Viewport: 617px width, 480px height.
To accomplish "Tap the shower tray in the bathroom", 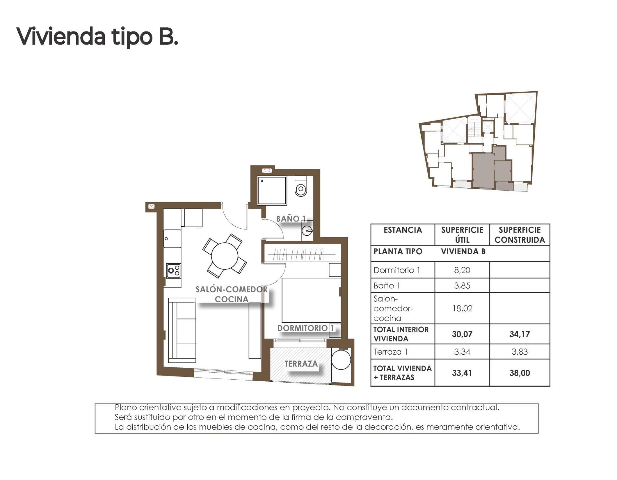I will [x=272, y=190].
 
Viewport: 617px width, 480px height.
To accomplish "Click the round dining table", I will [x=224, y=256].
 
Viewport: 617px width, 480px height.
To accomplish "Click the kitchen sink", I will [x=172, y=239].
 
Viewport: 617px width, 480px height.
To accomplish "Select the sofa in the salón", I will [x=182, y=330].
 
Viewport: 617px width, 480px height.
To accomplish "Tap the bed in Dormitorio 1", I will [x=311, y=300].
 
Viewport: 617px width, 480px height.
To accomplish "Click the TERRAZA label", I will [x=301, y=364].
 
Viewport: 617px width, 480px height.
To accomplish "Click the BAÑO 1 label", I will [x=291, y=219].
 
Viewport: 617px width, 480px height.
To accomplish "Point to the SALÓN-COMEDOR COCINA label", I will [x=231, y=294].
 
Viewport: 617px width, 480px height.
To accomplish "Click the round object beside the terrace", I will [x=341, y=359].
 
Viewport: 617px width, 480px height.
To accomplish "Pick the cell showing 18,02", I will [x=462, y=308].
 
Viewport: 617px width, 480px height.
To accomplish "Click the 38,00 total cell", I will [x=519, y=373].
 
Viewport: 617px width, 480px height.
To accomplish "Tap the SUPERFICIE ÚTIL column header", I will [x=462, y=235].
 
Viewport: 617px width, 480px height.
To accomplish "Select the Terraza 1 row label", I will [x=390, y=352].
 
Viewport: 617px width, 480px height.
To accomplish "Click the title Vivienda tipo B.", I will [x=97, y=37].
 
